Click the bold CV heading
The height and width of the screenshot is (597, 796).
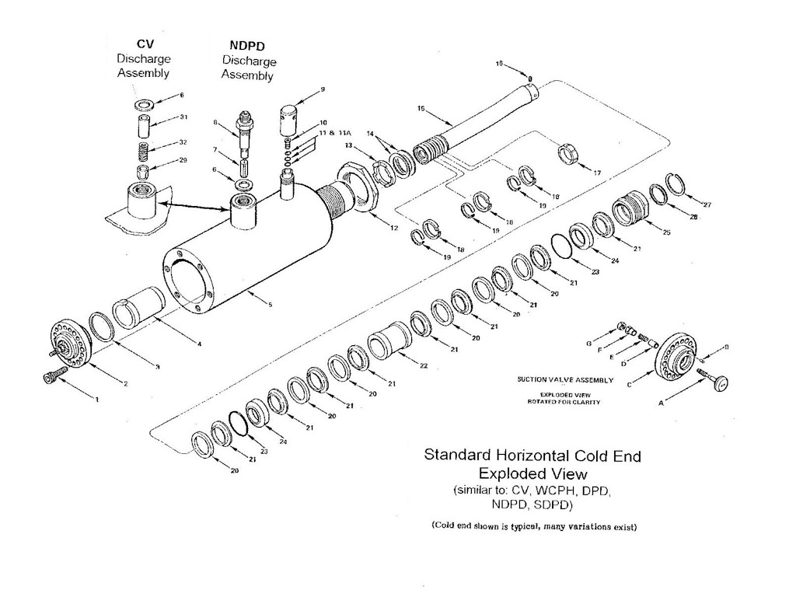[x=143, y=44]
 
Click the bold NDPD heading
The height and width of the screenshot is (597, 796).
[x=247, y=45]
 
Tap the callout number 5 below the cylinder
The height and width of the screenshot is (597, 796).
[x=270, y=305]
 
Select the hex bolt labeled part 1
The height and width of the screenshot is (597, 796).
[x=48, y=377]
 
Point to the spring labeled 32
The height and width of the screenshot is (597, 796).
[x=143, y=148]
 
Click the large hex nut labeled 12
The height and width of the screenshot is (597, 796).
[x=361, y=187]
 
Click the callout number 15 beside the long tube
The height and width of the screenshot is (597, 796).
[x=421, y=109]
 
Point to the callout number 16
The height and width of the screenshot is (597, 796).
[x=499, y=64]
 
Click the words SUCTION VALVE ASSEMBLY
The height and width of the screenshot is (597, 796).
[x=565, y=380]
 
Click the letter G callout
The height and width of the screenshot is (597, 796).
[x=589, y=343]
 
